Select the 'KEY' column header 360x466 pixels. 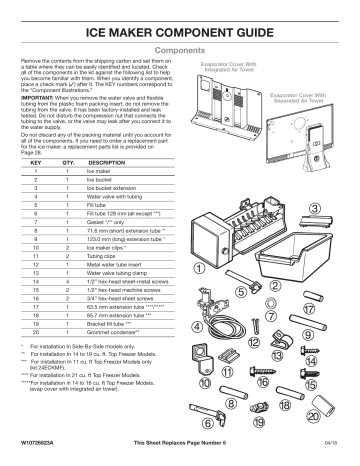coord(37,161)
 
